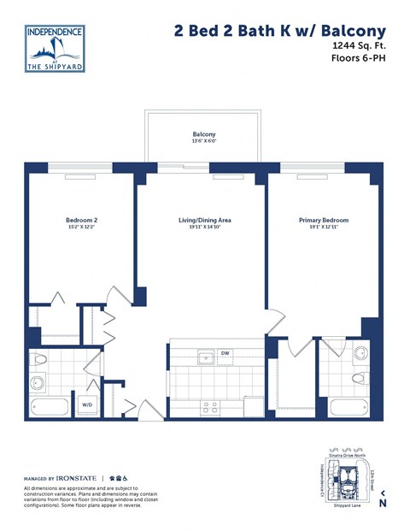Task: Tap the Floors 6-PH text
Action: pyautogui.click(x=356, y=59)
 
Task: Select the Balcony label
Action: pyautogui.click(x=203, y=134)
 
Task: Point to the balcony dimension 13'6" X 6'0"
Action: pyautogui.click(x=203, y=142)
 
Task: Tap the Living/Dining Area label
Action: pyautogui.click(x=204, y=220)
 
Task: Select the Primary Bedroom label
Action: pyautogui.click(x=323, y=220)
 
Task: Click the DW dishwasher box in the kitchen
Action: pyautogui.click(x=225, y=353)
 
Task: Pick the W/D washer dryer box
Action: pyautogui.click(x=88, y=405)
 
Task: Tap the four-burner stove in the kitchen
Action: pyautogui.click(x=209, y=407)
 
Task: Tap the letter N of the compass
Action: pyautogui.click(x=382, y=504)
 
